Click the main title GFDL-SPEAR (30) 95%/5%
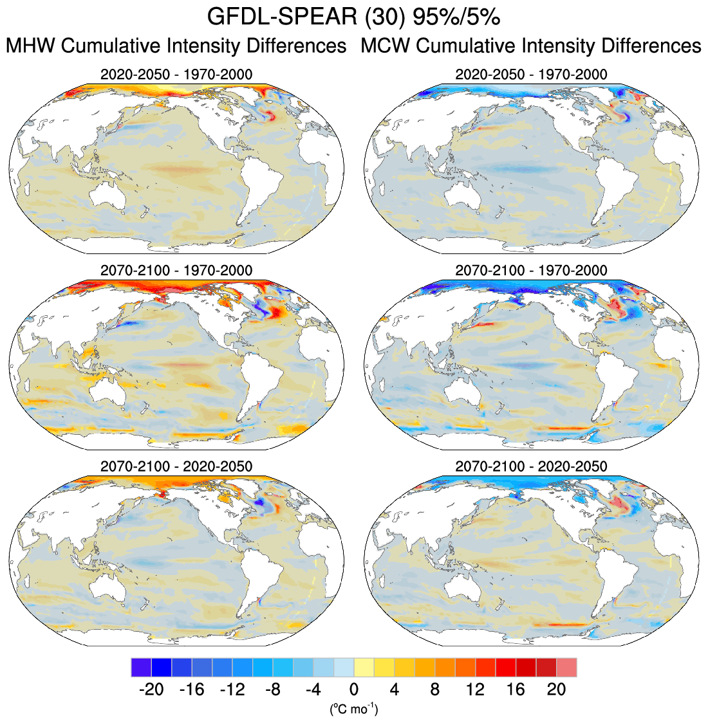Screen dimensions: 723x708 coord(353,17)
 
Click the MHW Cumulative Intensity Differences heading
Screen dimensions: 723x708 coord(176,46)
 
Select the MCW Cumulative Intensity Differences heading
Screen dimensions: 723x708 coord(531,46)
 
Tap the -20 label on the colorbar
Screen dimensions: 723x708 coord(151,690)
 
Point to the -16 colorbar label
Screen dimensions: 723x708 coord(191,690)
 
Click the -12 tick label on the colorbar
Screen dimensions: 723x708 coord(232,690)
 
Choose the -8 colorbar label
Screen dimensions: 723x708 coord(273,690)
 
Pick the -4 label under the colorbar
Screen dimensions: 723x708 coord(313,690)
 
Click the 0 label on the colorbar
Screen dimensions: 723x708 coord(354,690)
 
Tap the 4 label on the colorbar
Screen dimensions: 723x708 coord(395,690)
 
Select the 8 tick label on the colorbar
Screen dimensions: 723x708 coord(435,690)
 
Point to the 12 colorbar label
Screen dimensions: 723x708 coord(476,690)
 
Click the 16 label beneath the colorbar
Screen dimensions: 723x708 coord(516,690)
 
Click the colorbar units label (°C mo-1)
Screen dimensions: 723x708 coord(353,709)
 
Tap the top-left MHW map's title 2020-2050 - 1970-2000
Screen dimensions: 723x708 coord(176,75)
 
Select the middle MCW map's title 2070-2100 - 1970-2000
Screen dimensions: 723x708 coord(531,270)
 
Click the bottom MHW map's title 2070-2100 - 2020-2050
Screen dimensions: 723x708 coord(176,466)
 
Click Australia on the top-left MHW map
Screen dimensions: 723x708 coord(109,197)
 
